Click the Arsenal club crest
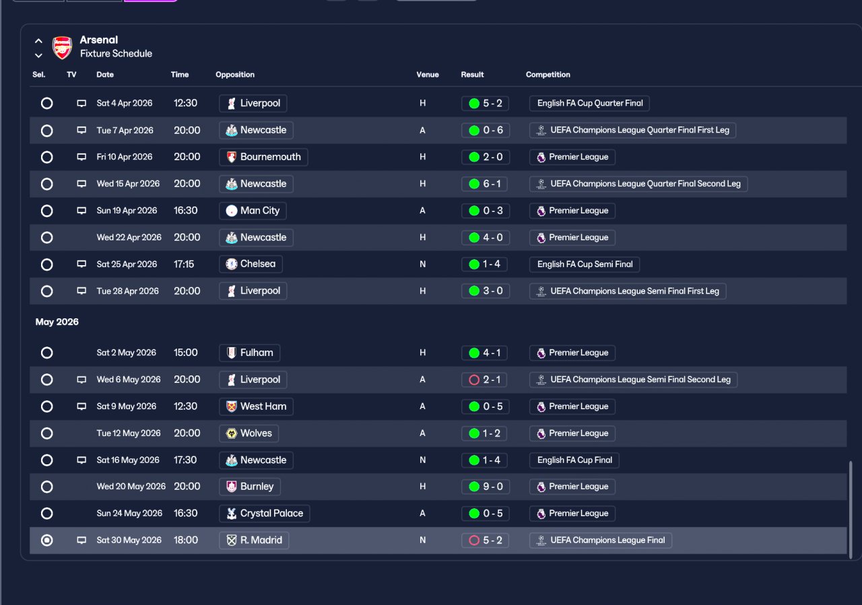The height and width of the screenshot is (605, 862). (x=62, y=47)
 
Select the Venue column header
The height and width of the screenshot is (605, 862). (x=427, y=75)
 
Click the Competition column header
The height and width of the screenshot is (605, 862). (x=548, y=75)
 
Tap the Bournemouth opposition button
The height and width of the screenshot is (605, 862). (x=263, y=157)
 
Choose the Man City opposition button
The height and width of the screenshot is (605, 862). (x=253, y=211)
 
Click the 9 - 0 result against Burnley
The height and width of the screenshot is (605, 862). (x=486, y=487)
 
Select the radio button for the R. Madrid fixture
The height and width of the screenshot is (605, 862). (x=47, y=540)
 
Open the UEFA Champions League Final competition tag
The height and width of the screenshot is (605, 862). (x=600, y=540)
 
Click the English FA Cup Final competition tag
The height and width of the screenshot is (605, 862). (x=574, y=460)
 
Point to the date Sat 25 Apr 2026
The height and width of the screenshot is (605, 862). (x=127, y=264)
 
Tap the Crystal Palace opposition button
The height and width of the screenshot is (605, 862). (x=265, y=513)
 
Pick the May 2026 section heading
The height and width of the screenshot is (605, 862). (x=57, y=322)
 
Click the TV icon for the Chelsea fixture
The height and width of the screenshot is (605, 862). (x=81, y=264)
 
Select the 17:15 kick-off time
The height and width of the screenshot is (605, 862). (x=184, y=264)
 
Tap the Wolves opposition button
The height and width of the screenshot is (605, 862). (x=248, y=433)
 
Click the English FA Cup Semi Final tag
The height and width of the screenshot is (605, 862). (x=584, y=264)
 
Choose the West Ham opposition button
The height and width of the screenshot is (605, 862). (x=256, y=406)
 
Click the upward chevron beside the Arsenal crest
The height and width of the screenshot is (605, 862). (x=38, y=41)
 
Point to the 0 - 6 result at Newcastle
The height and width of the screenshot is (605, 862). (x=486, y=131)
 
